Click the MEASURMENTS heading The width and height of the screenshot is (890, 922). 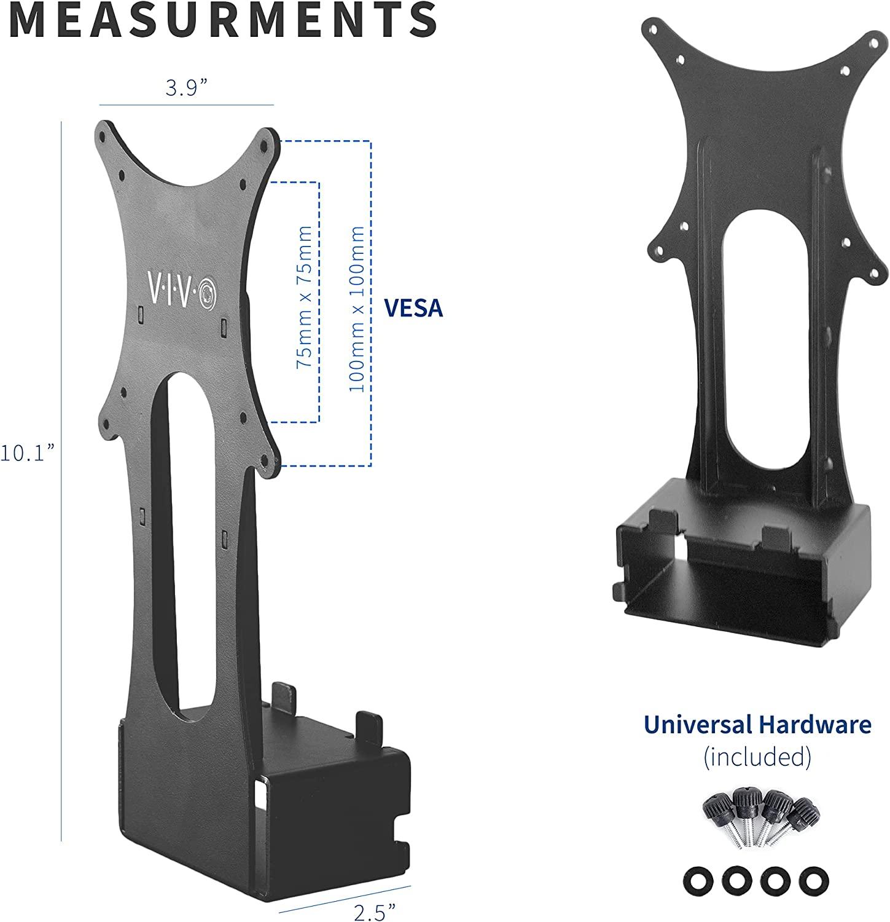tap(223, 20)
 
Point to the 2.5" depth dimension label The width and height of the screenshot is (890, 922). tap(375, 911)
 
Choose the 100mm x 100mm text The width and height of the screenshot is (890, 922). tap(356, 309)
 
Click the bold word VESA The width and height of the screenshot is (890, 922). tap(413, 309)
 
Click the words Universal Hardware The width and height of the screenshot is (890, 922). tap(757, 725)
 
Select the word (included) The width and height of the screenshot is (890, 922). tap(757, 755)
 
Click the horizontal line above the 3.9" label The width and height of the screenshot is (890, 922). tap(186, 105)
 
